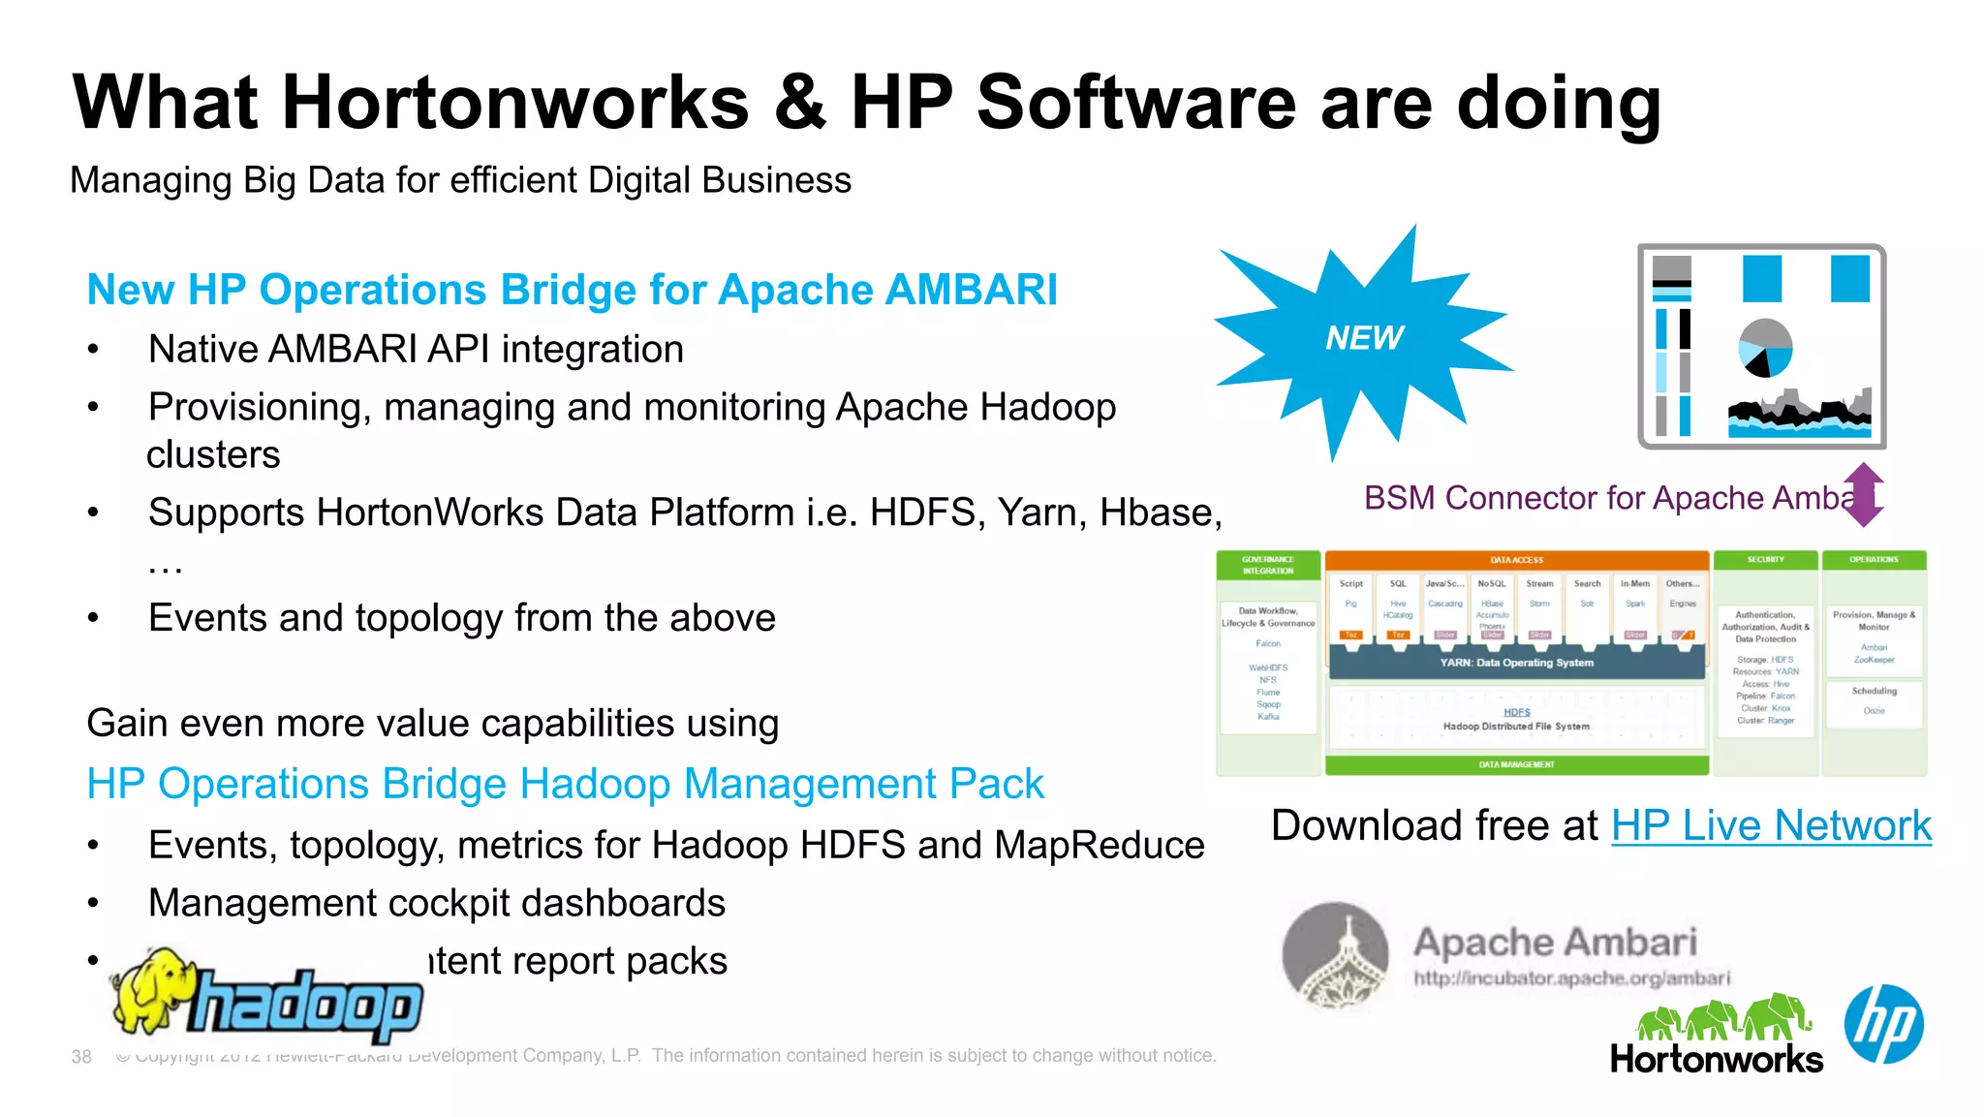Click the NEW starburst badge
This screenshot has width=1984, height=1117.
click(1364, 338)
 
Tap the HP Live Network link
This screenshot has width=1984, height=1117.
click(1771, 825)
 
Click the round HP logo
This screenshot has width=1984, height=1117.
click(1883, 1024)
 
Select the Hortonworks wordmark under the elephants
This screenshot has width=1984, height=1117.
click(1716, 1059)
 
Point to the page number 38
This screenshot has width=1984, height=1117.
click(81, 1056)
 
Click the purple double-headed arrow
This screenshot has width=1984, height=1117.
click(1863, 495)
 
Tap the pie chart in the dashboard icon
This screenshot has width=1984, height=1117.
click(1765, 348)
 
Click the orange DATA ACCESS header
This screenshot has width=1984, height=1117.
click(1516, 560)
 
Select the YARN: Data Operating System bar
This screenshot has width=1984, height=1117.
click(1516, 663)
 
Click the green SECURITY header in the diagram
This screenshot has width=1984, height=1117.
click(1765, 560)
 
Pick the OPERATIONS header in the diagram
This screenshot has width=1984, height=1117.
click(1874, 560)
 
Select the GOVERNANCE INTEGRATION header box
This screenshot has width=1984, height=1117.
click(1268, 566)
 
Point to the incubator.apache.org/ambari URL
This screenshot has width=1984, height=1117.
click(1571, 978)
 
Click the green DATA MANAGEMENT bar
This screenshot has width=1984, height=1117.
click(1516, 765)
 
